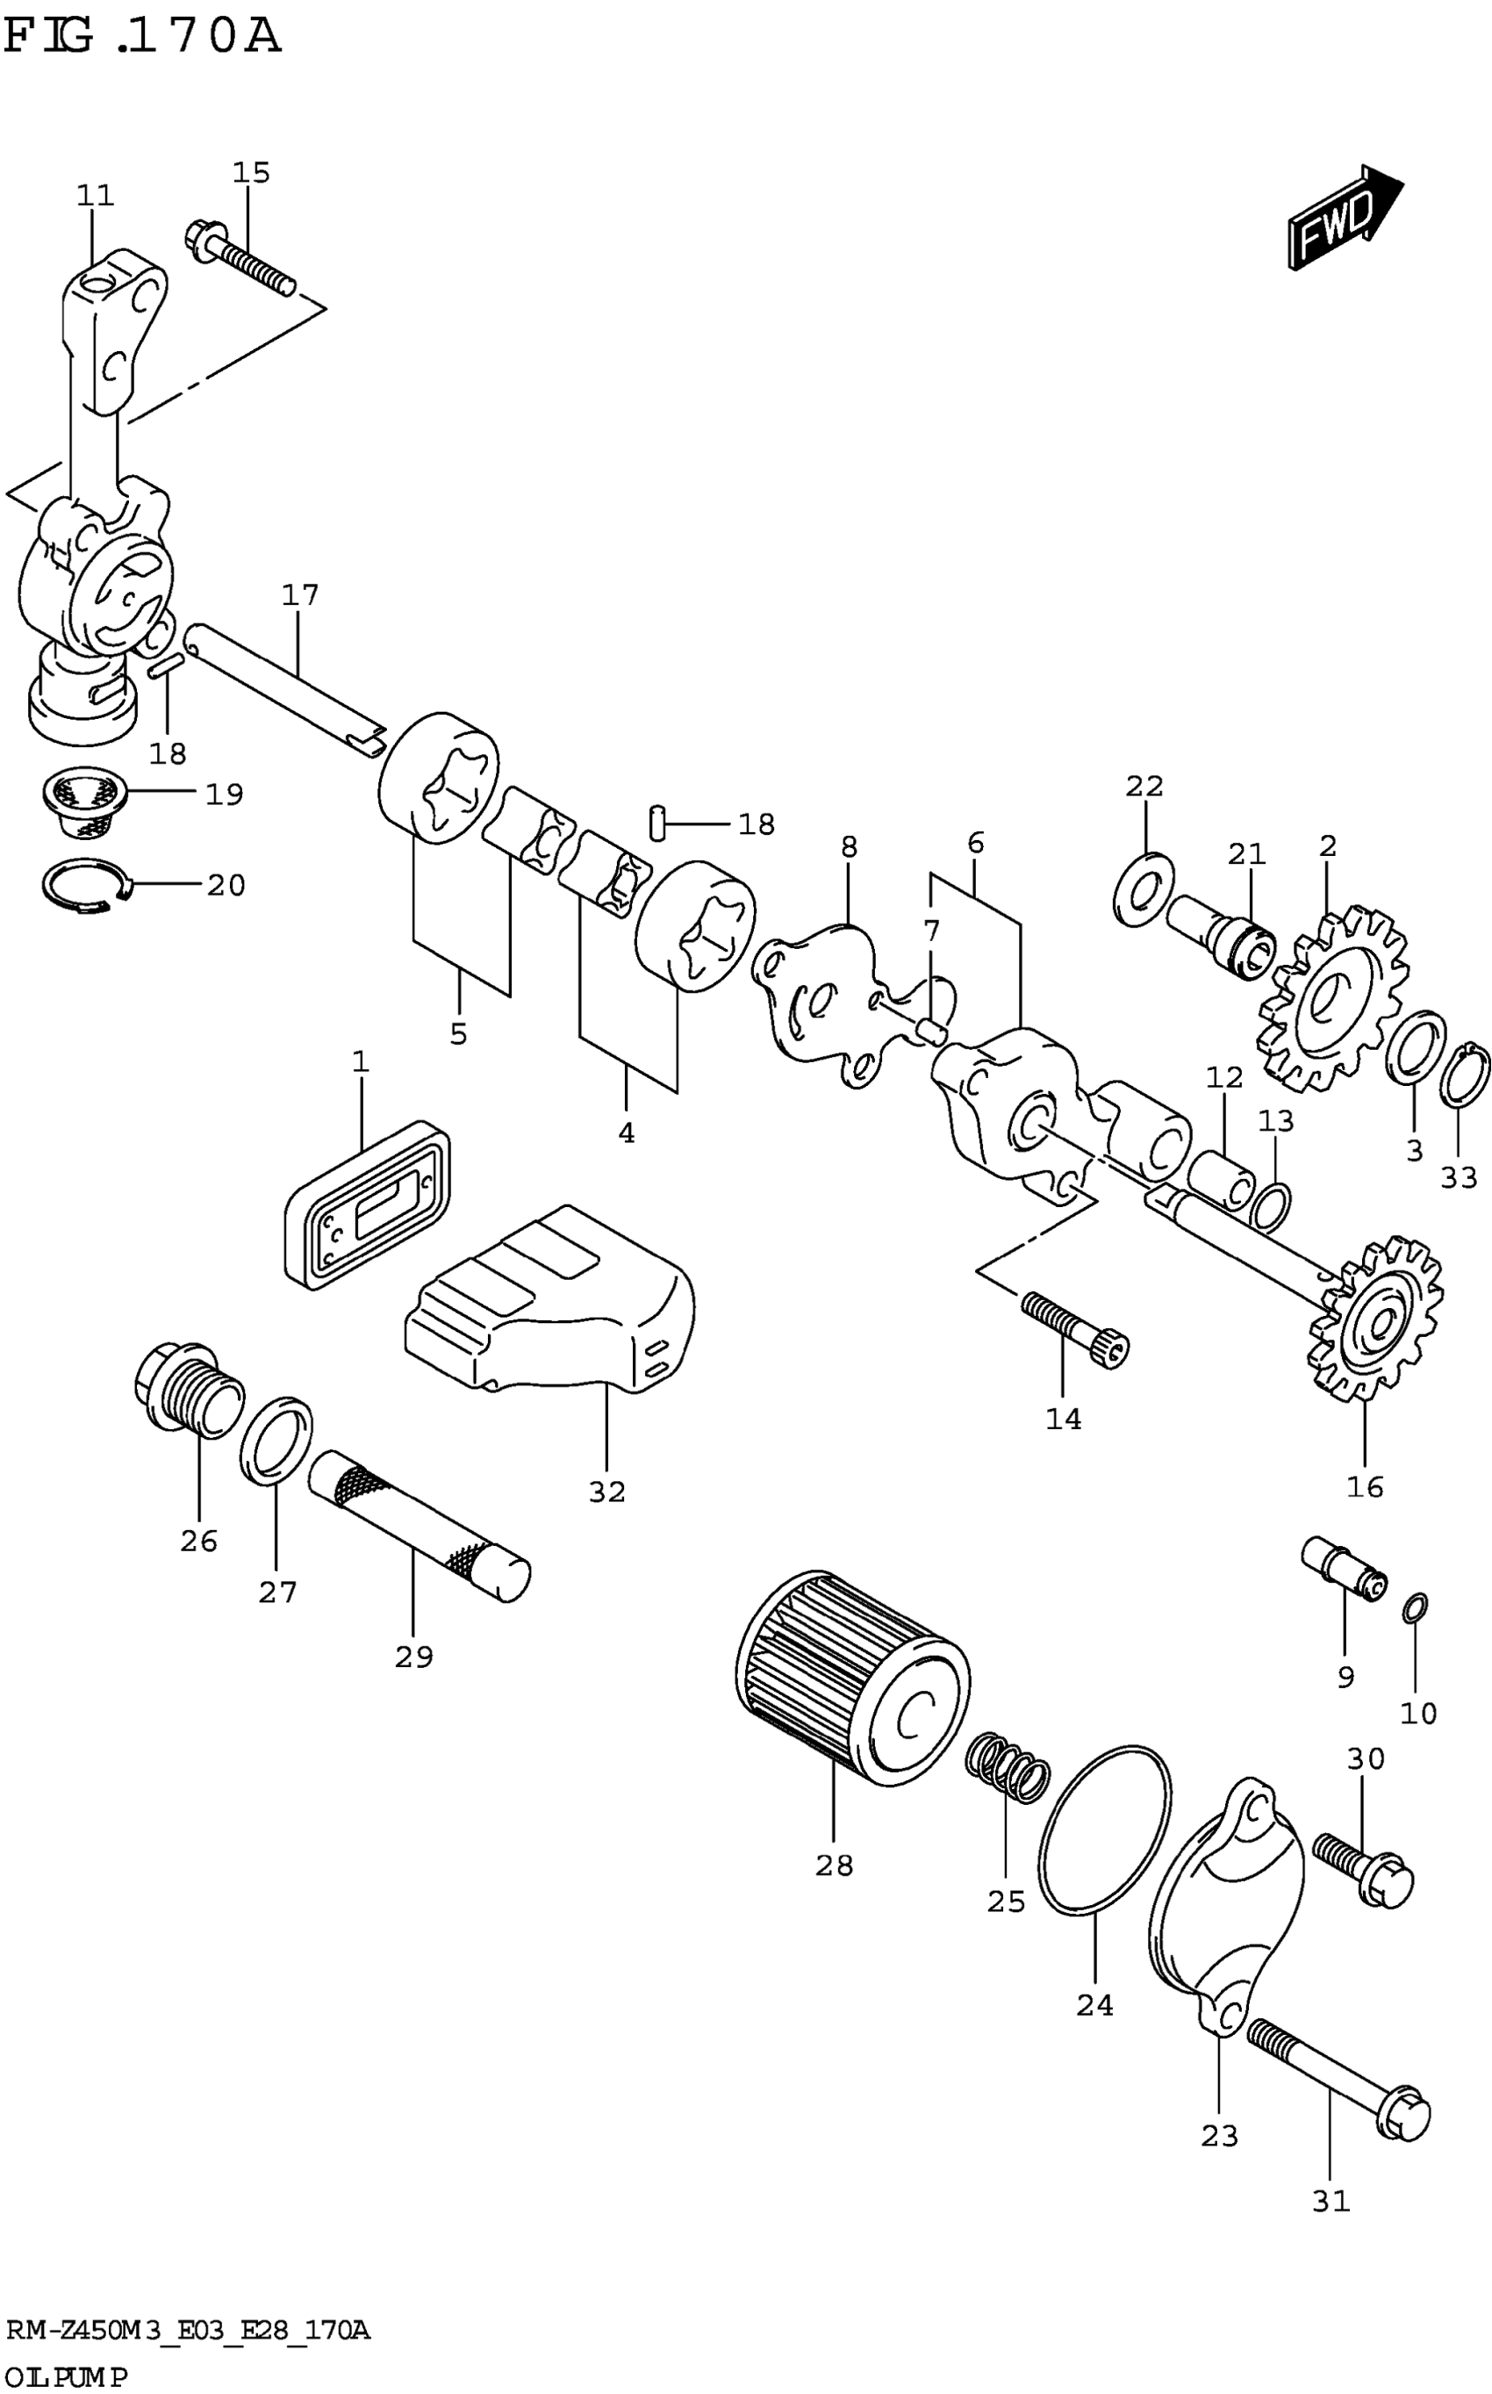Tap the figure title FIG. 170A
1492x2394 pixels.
point(142,38)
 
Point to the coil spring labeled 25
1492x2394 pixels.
point(1007,1772)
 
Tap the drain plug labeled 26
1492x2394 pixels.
point(188,1390)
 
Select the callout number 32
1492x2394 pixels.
point(606,1492)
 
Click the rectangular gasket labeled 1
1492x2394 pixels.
point(368,1204)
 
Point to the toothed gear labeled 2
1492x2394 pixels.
point(1332,1002)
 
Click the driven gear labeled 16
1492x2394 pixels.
point(1375,1318)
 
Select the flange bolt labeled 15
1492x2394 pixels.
point(240,259)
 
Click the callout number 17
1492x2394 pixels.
point(300,595)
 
